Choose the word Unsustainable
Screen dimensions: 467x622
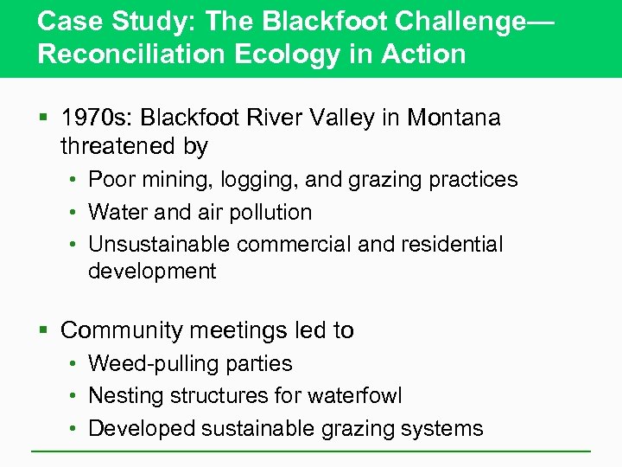(159, 245)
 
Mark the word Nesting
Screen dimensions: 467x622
(126, 396)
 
